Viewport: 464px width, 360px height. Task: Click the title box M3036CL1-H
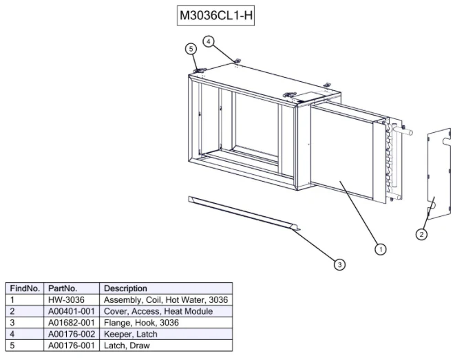point(215,15)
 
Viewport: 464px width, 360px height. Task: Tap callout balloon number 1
point(381,249)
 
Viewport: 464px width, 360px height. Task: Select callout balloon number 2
point(421,235)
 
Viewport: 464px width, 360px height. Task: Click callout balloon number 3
point(339,264)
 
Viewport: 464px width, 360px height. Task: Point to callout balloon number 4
point(209,41)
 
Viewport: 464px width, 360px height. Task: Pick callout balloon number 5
point(191,49)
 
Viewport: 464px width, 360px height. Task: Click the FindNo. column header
point(25,288)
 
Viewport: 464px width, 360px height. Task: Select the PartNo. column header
point(63,288)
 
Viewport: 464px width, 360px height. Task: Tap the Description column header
point(125,288)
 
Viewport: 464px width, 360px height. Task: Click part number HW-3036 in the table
point(66,300)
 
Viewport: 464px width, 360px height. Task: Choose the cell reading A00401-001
point(72,311)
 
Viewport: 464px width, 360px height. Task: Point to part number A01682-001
point(72,322)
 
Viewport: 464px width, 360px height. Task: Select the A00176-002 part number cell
point(72,334)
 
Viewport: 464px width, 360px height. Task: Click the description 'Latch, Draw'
point(127,346)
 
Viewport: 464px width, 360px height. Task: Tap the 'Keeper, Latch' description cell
point(131,334)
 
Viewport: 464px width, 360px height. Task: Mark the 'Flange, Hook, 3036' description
point(141,323)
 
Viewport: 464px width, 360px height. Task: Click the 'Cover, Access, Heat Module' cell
point(158,311)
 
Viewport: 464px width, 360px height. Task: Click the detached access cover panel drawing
point(439,175)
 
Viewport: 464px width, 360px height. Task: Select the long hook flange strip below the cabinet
point(244,213)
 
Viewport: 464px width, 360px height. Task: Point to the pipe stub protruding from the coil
point(406,131)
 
